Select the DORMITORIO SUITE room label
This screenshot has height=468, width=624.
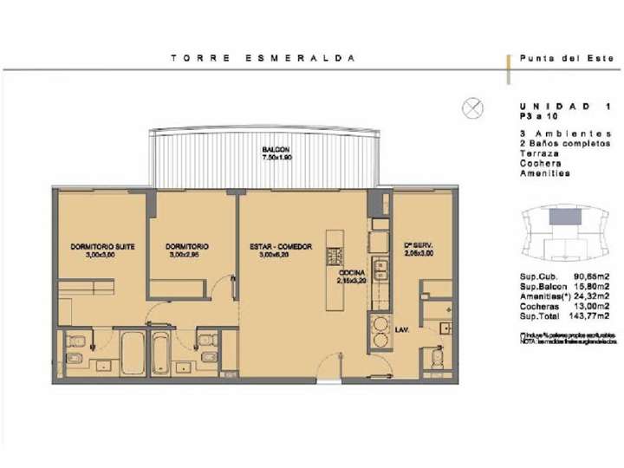tap(101, 247)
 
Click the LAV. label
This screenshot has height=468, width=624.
tap(402, 330)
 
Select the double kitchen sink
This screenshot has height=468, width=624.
tap(378, 272)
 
